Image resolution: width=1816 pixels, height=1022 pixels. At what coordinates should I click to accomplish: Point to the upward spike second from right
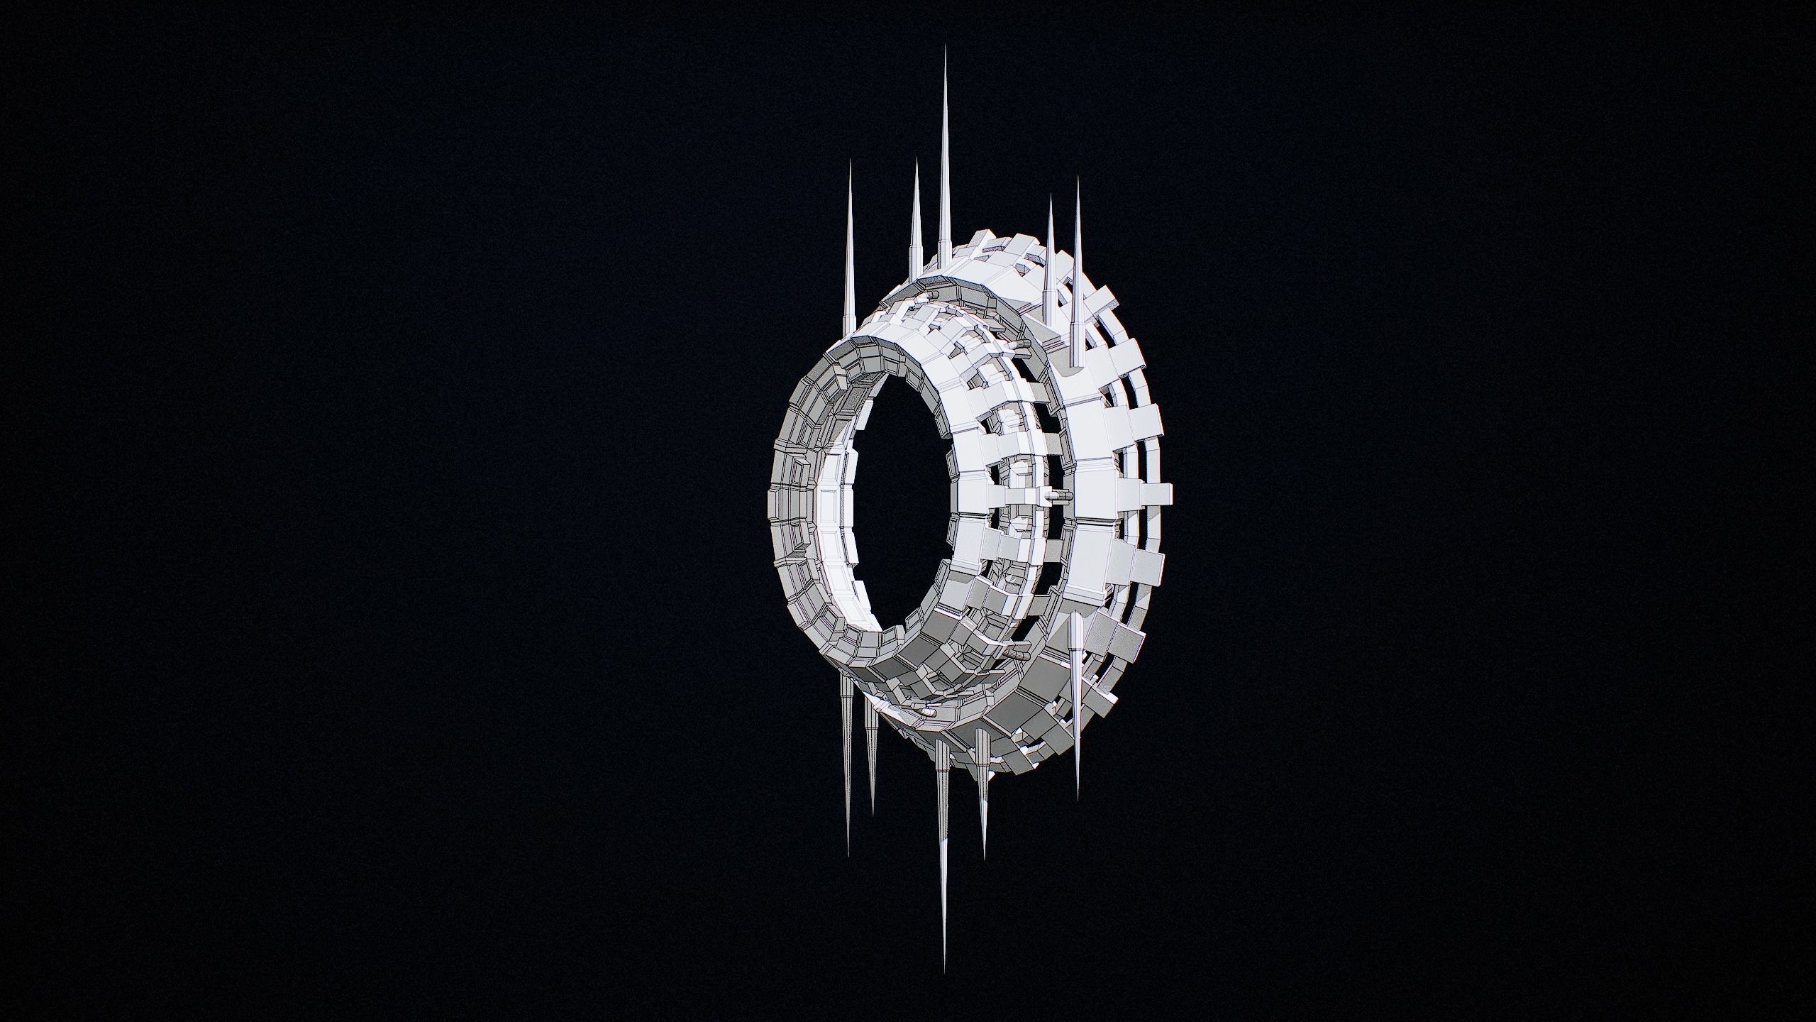pos(1049,263)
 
